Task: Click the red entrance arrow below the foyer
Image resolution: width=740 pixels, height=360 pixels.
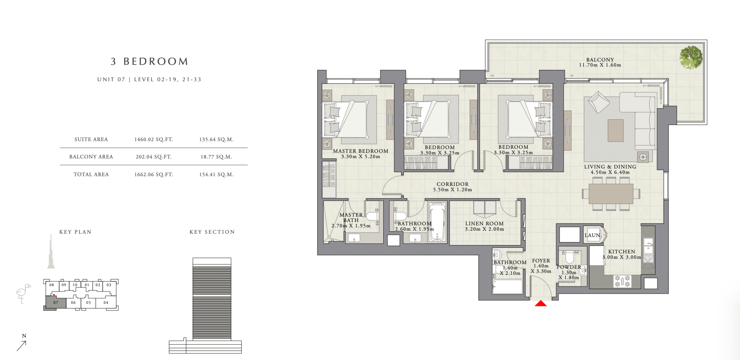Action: (x=541, y=303)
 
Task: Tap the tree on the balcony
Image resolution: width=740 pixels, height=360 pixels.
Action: (x=691, y=57)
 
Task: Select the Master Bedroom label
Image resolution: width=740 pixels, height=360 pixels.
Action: (x=361, y=151)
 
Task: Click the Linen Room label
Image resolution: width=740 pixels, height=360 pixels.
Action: (x=484, y=224)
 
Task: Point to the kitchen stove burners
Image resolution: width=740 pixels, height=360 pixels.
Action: (x=622, y=281)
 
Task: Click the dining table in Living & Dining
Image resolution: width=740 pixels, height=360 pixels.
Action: (x=611, y=194)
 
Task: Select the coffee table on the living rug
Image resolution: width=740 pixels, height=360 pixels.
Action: (x=616, y=131)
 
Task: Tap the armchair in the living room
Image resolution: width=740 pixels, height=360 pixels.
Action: (x=598, y=102)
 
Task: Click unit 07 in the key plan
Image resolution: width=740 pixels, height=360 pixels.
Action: (x=56, y=303)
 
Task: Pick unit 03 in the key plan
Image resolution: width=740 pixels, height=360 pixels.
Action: (x=109, y=285)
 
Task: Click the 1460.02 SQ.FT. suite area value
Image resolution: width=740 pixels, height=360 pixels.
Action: (x=154, y=139)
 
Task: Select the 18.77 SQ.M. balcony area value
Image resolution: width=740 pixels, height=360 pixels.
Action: (x=216, y=157)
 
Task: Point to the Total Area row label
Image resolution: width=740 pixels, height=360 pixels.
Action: (x=91, y=174)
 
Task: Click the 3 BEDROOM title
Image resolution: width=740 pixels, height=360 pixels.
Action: (x=150, y=61)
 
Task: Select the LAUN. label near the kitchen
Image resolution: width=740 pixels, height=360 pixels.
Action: (x=593, y=235)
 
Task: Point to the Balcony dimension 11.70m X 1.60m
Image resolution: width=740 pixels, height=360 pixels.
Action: (x=600, y=65)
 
